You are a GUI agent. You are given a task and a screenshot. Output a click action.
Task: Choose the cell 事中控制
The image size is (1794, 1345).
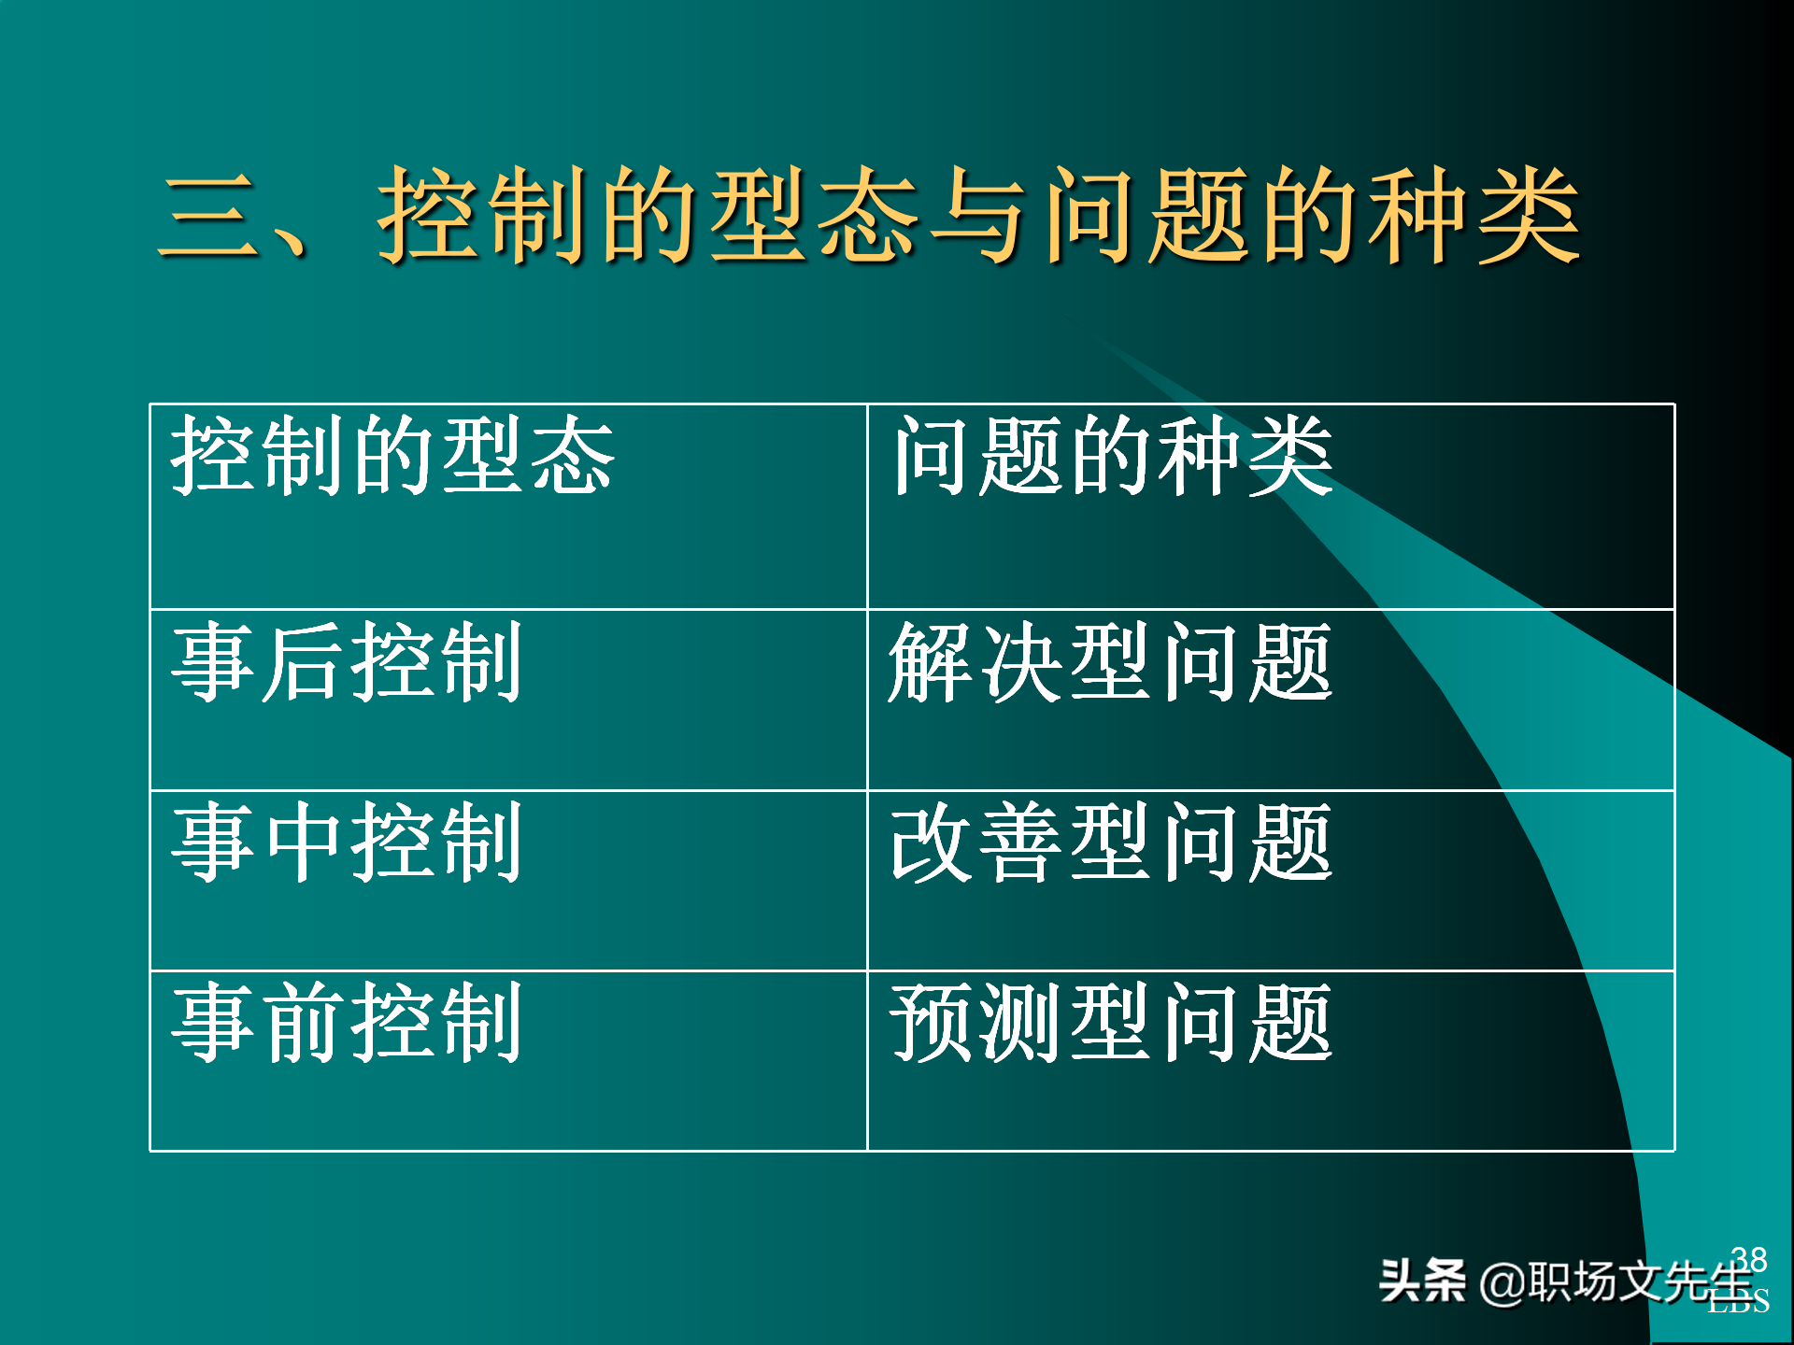346,842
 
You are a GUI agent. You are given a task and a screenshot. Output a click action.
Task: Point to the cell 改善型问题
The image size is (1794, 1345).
1110,842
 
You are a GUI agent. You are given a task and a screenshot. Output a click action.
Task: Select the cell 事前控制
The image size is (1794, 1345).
346,1023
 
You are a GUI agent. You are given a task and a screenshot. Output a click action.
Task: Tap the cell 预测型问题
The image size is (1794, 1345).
1110,1023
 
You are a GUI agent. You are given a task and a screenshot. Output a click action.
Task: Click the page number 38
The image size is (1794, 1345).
1748,1259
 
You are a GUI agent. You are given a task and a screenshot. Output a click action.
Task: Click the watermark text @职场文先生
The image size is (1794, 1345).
1616,1281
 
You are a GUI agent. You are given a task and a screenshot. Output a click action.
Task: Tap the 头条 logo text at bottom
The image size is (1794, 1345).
1422,1281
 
